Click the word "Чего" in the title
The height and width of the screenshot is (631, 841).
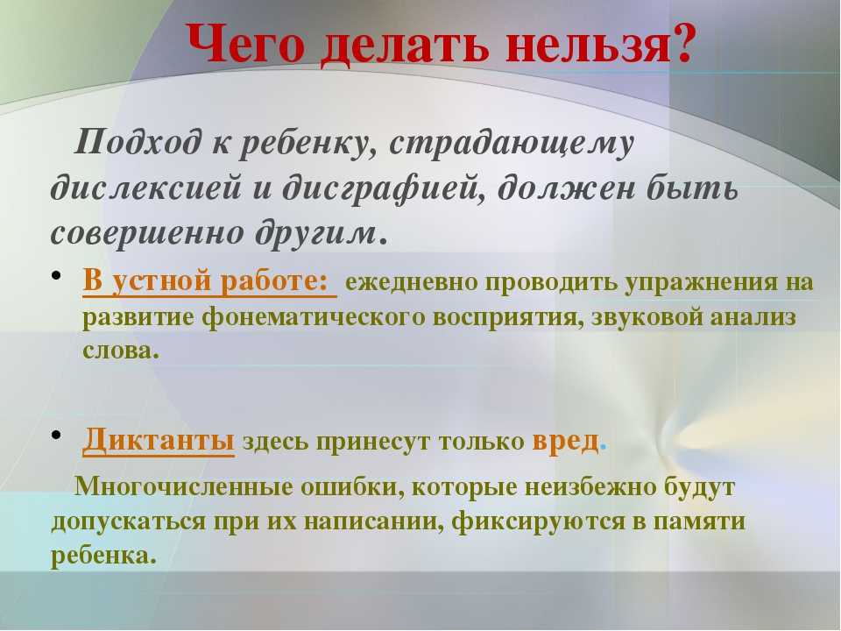[246, 45]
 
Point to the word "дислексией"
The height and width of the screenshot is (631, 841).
[145, 188]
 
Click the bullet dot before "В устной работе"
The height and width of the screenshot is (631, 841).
[57, 276]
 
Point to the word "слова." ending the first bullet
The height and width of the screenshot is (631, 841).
[121, 351]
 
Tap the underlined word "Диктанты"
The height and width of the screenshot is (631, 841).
[159, 440]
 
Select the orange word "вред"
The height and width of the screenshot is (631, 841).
[565, 441]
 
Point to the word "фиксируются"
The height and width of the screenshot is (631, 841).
[537, 521]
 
